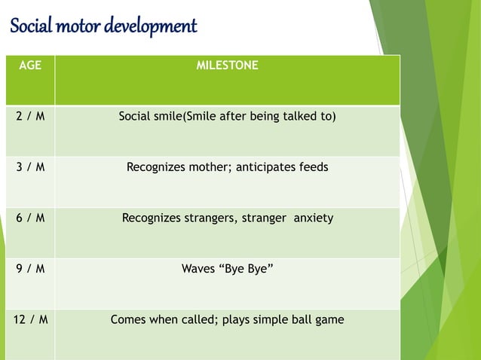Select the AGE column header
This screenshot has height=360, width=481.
(x=30, y=66)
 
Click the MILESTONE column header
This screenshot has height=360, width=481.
(x=227, y=66)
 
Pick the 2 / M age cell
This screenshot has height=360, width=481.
(x=30, y=117)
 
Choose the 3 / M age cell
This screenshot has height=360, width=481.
(x=30, y=167)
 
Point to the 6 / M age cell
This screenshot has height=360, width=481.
(x=30, y=218)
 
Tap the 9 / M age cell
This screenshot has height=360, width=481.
(x=30, y=269)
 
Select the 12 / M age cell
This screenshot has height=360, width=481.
(x=30, y=320)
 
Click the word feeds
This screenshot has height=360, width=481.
(x=312, y=167)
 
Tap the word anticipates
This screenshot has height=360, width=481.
(x=265, y=167)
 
